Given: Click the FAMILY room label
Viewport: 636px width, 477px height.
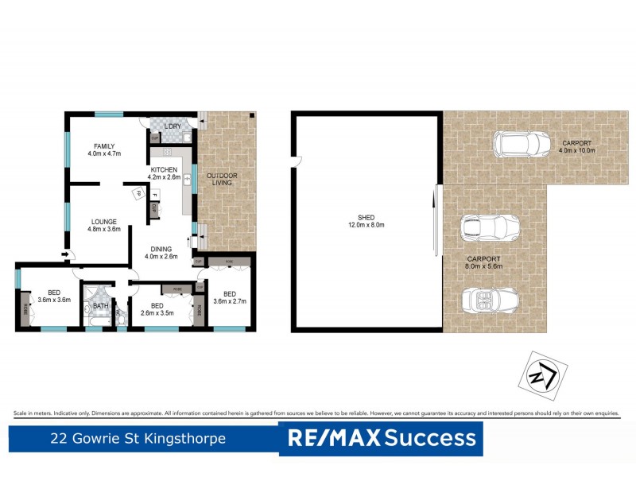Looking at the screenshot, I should coord(104,146).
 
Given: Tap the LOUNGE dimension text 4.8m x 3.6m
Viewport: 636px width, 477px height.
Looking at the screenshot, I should coord(103,229).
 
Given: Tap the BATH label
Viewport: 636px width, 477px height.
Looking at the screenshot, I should coord(101,305).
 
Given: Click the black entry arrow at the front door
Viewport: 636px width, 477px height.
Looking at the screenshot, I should coord(64,254).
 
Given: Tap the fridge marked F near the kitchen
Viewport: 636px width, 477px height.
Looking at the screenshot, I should coord(155,195).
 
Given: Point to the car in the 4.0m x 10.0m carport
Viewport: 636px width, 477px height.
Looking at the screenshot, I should coord(522,145).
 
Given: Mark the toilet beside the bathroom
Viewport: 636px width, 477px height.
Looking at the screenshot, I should coord(120,316).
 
